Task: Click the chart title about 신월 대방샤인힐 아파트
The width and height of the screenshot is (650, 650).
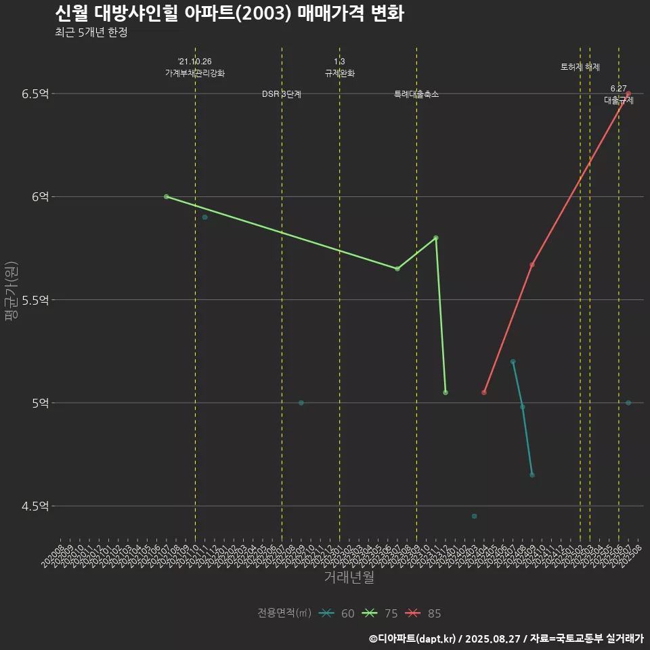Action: point(229,14)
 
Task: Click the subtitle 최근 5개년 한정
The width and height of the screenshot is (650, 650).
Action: point(91,32)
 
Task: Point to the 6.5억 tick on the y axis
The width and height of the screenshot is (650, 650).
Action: point(35,93)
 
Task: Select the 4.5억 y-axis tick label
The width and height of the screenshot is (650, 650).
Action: point(35,506)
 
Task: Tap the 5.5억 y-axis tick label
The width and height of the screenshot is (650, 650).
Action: point(35,300)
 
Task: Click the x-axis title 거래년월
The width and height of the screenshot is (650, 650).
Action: point(349,577)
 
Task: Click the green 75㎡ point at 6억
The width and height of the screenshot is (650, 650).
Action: point(166,196)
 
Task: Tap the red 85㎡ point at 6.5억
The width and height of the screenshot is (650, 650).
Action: point(628,93)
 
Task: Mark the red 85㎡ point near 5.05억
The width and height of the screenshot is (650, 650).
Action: point(483,393)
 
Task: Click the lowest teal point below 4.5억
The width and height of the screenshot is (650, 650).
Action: point(474,516)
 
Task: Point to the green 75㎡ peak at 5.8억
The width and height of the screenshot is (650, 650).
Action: point(435,238)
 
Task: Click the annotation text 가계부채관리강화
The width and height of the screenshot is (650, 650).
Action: point(195,73)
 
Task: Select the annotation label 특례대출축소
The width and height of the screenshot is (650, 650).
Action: point(416,94)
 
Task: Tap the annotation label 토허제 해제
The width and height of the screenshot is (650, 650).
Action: point(580,67)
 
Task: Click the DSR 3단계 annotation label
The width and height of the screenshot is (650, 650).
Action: point(282,94)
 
